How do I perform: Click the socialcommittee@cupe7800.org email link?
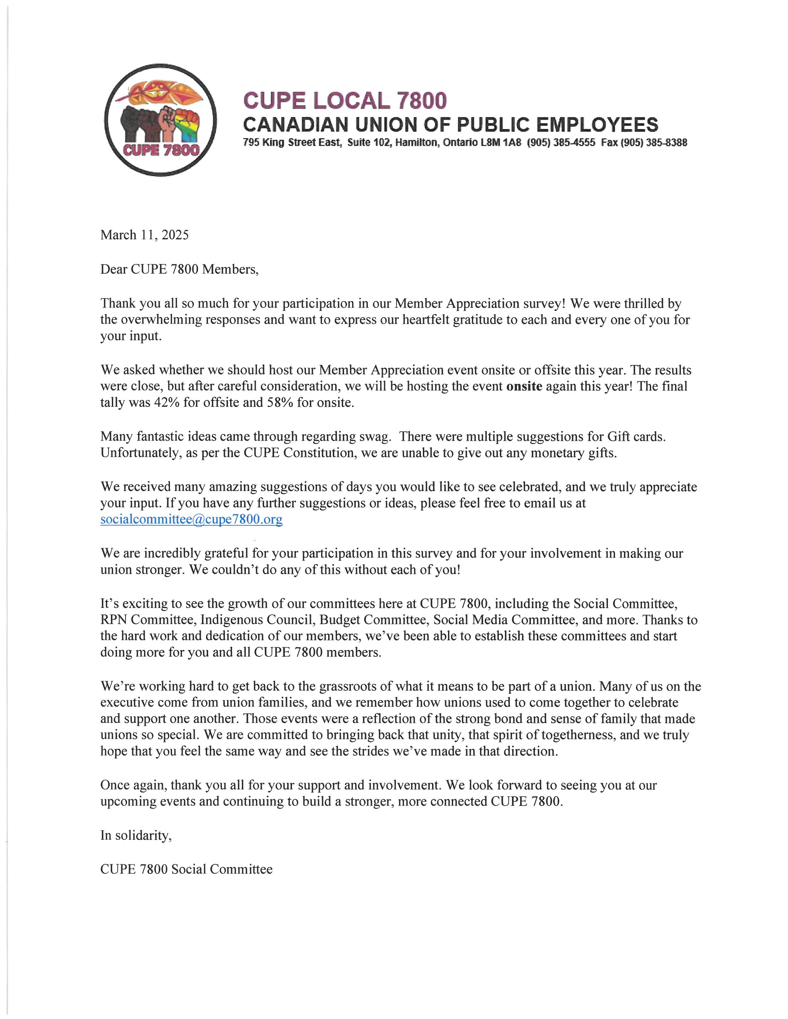pyautogui.click(x=191, y=519)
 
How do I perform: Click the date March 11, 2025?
pyautogui.click(x=144, y=235)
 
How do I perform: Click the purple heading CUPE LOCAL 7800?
pyautogui.click(x=345, y=101)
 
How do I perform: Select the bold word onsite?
pyautogui.click(x=524, y=386)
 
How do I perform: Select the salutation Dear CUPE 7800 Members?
pyautogui.click(x=179, y=269)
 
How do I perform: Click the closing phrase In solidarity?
pyautogui.click(x=135, y=835)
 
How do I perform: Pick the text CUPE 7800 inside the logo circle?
pyautogui.click(x=161, y=150)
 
